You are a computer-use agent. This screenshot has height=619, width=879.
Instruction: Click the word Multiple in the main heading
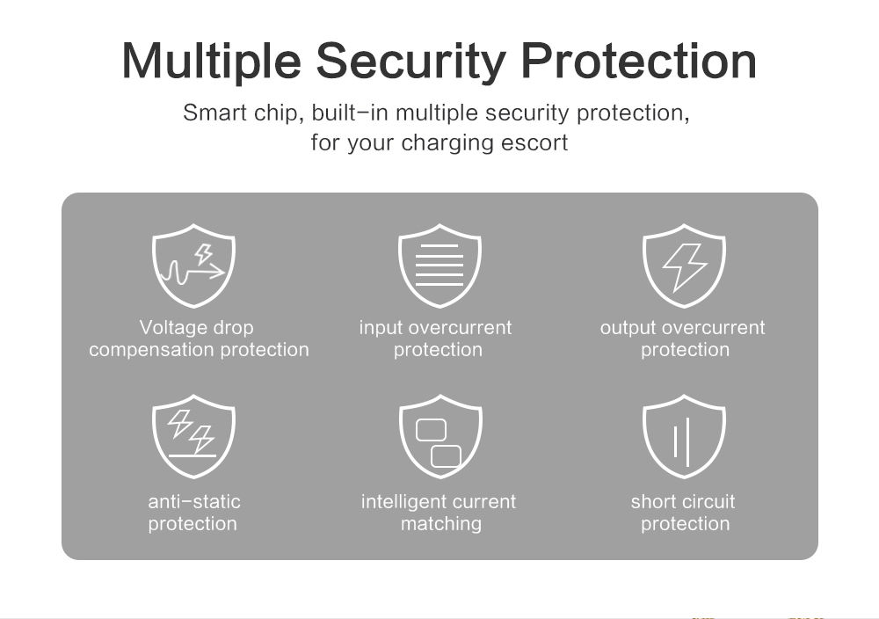coord(211,62)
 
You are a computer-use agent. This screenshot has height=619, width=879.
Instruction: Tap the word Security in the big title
coord(410,62)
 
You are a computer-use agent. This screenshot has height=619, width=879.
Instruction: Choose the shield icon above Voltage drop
coord(193,266)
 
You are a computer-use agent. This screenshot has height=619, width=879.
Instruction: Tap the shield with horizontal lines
coord(439,266)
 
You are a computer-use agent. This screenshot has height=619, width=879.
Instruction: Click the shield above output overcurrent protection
coord(684,266)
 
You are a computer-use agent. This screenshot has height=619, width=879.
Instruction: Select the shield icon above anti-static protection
coord(193,436)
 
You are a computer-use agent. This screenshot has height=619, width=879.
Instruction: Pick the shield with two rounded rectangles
coord(440,436)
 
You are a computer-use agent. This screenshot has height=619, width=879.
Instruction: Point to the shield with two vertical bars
coord(684,436)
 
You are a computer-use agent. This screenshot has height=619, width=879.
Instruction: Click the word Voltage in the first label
coord(172,328)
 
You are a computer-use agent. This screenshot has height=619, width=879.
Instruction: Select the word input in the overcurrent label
coord(380,328)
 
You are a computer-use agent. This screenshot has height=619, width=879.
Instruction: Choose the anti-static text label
coord(194,513)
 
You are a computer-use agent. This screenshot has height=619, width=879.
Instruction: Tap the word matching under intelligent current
coord(441,524)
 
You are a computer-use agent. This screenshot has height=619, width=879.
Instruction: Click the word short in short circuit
coord(653,502)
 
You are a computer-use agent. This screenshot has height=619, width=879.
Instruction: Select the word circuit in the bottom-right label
coord(708,502)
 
